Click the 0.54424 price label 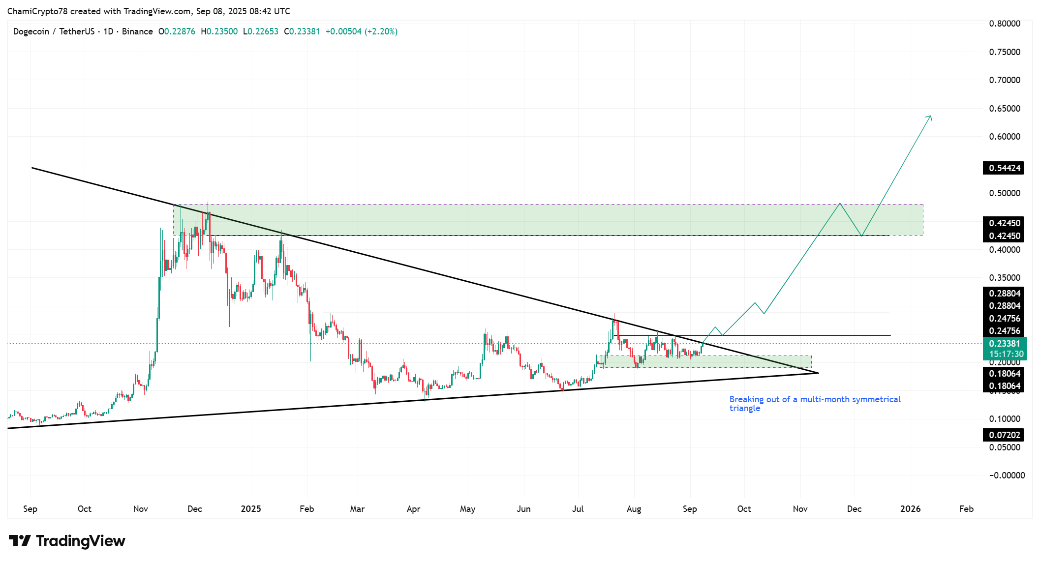1004,168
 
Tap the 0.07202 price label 1004,435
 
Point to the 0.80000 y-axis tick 1004,24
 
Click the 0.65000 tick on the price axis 1004,109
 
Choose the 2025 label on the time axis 251,509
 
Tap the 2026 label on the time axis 910,509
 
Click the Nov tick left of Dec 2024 141,509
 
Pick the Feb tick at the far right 966,509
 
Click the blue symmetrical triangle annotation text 814,404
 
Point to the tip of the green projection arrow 931,116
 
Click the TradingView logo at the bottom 67,541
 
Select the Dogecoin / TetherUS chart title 54,31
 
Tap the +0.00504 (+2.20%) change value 361,31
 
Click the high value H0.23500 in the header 219,31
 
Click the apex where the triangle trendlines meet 818,373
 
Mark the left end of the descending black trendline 32,168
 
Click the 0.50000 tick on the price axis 1004,193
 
